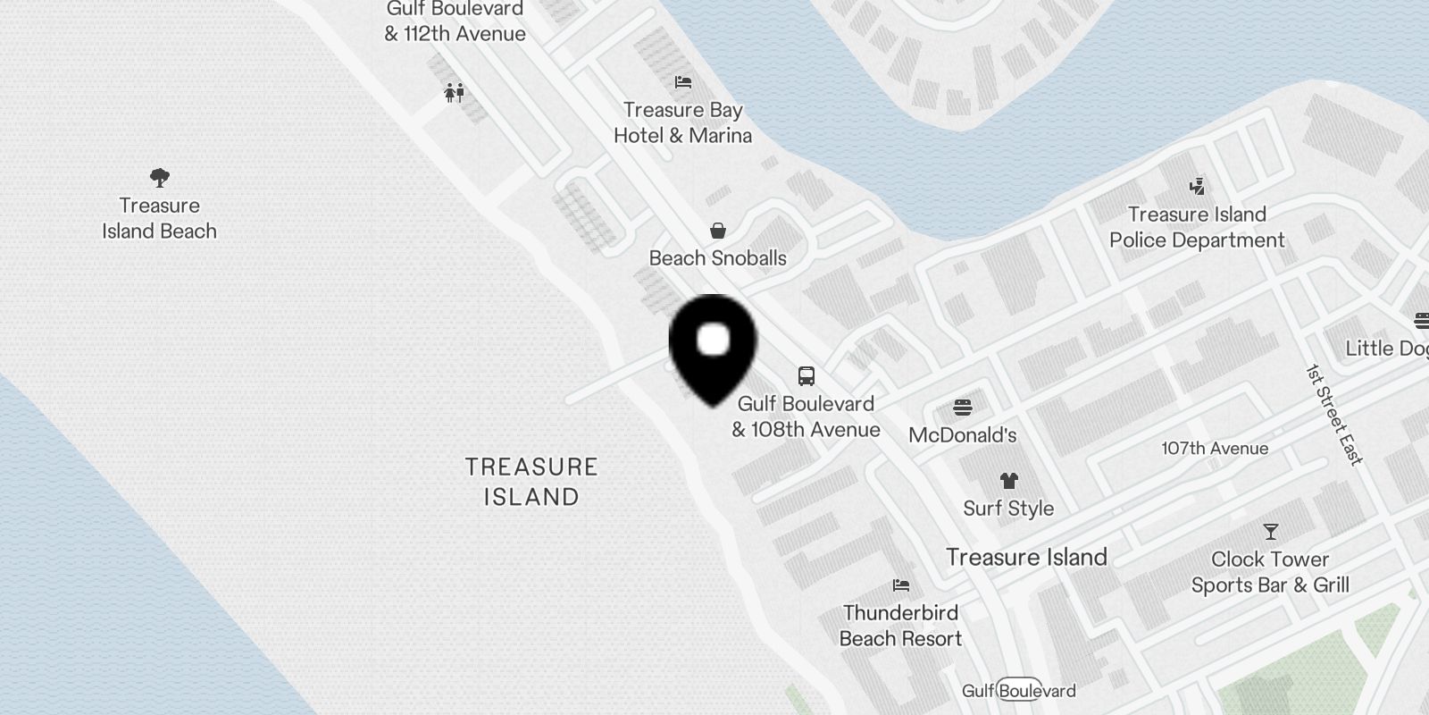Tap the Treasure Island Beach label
tap(159, 219)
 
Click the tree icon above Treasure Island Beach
tap(160, 178)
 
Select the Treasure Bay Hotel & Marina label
tap(683, 123)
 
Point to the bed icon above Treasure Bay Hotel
tap(683, 82)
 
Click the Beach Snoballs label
tap(717, 258)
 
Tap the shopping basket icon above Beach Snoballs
tap(717, 231)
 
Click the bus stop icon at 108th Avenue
tap(806, 375)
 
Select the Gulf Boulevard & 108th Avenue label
tap(806, 416)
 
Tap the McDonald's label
tap(962, 435)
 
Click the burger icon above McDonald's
tap(962, 408)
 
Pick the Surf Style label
tap(1008, 509)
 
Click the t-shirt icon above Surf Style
tap(1009, 481)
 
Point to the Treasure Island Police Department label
tap(1197, 227)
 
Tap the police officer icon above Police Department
tap(1197, 187)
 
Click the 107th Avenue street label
tap(1215, 449)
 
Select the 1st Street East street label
tap(1334, 415)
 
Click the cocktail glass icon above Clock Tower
tap(1270, 532)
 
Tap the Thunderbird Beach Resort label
tap(900, 626)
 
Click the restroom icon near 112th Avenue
tap(455, 92)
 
